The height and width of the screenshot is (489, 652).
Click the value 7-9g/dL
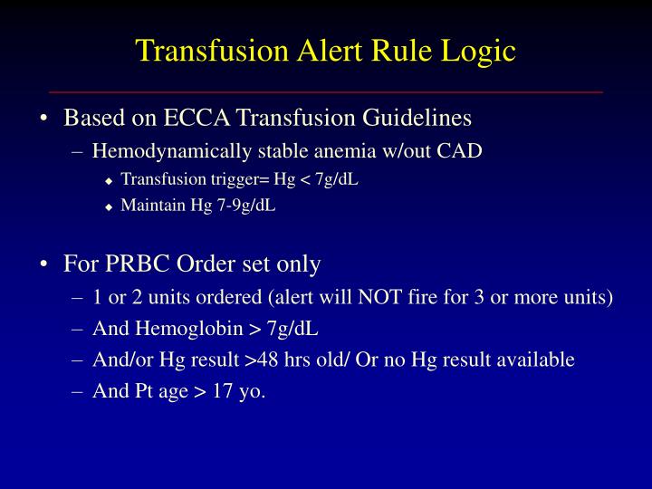(x=245, y=205)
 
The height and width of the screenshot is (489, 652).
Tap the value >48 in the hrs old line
(x=263, y=360)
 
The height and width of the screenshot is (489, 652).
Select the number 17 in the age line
(x=224, y=391)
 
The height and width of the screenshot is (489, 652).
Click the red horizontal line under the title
(x=326, y=92)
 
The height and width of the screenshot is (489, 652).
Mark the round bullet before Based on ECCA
(x=45, y=120)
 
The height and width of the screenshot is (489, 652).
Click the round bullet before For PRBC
(x=45, y=265)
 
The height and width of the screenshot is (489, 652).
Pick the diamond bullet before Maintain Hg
(x=109, y=206)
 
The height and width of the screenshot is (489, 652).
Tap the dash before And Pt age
(x=78, y=391)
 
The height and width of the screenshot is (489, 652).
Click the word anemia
(x=323, y=151)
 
